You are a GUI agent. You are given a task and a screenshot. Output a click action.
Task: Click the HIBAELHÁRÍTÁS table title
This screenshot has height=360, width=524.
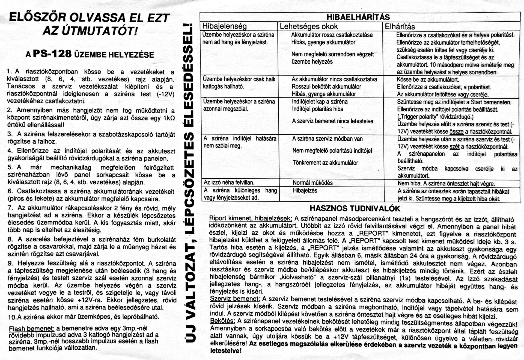click(358, 17)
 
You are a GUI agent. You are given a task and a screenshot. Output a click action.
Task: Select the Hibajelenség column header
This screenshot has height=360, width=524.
click(224, 26)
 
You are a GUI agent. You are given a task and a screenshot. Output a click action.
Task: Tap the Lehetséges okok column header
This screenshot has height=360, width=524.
click(309, 26)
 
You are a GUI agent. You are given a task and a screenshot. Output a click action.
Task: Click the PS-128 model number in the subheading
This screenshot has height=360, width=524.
click(52, 54)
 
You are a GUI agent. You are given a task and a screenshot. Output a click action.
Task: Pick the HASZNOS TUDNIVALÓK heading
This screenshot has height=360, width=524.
click(355, 209)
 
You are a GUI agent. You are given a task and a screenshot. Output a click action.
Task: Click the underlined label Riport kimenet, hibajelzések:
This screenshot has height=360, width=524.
click(250, 219)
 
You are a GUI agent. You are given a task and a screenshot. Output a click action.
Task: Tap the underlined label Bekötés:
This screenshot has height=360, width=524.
click(222, 321)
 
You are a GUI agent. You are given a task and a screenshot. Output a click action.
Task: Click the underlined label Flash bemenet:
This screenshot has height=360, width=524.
click(32, 328)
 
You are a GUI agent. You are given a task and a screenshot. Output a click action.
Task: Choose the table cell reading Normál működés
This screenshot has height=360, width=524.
click(312, 183)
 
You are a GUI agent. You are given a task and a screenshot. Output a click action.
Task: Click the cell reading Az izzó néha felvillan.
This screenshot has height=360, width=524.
click(229, 182)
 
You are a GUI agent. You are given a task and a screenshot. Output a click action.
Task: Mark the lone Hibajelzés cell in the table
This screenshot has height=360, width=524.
click(305, 190)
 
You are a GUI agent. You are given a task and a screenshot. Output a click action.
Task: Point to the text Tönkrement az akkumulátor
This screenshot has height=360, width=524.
click(325, 163)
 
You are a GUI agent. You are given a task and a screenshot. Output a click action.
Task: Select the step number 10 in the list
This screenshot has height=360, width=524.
click(12, 317)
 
